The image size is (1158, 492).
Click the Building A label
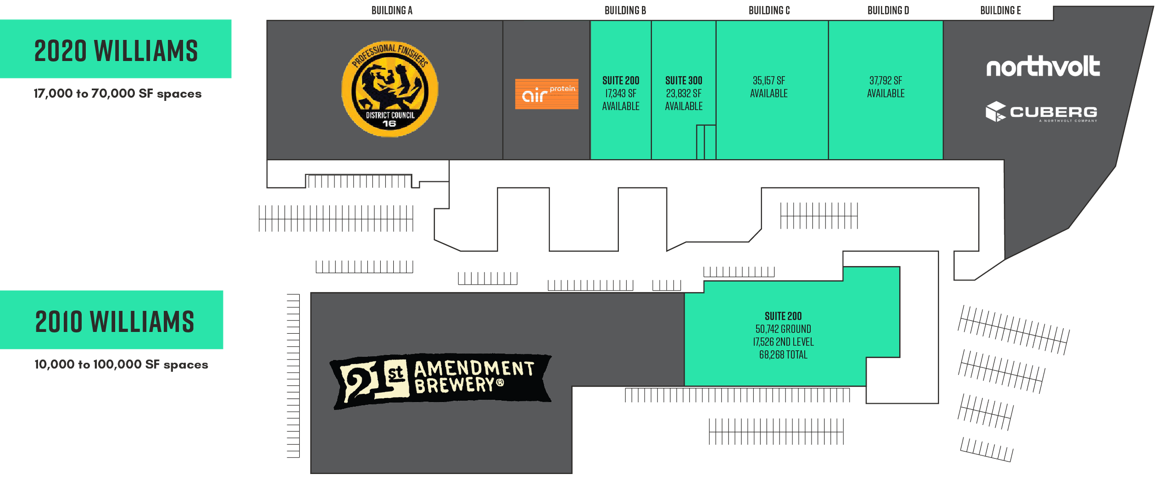(391, 10)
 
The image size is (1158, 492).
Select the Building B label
(625, 10)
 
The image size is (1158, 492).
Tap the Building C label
(769, 10)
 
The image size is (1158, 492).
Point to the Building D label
(887, 10)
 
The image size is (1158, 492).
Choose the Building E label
(1001, 10)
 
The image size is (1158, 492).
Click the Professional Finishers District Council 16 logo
(390, 89)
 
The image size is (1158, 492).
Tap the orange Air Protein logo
(547, 94)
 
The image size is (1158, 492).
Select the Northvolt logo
(1043, 67)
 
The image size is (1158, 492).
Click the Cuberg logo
(1041, 112)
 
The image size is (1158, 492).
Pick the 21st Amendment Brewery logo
(441, 381)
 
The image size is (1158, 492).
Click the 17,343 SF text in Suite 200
(621, 93)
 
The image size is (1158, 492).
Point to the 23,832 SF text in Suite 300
(684, 93)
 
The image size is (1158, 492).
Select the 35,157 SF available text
(769, 87)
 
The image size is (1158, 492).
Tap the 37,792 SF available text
(886, 87)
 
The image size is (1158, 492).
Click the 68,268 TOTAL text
(783, 355)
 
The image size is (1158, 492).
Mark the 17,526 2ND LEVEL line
(783, 342)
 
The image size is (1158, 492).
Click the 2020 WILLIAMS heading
(116, 50)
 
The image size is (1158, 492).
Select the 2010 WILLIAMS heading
(114, 322)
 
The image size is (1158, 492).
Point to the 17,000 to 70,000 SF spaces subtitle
(118, 93)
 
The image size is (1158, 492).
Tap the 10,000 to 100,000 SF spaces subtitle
(121, 365)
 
